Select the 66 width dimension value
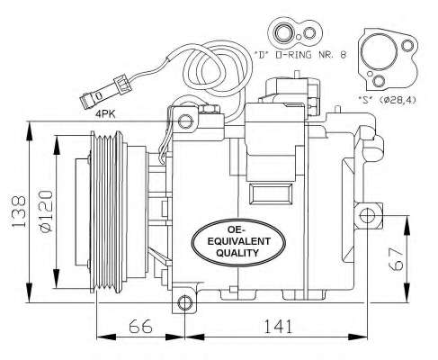[x=139, y=327]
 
